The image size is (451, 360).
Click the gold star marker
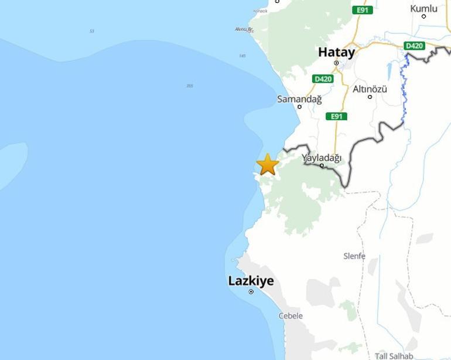click(267, 165)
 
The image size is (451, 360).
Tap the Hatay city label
click(336, 52)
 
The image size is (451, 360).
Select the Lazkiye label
click(251, 281)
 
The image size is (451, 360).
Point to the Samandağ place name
click(299, 99)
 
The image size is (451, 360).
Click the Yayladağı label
click(322, 158)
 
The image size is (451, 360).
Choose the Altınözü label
click(370, 89)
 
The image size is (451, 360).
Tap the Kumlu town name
click(423, 8)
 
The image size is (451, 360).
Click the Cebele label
click(291, 315)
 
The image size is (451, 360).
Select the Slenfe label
click(354, 256)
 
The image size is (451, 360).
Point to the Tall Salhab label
click(394, 356)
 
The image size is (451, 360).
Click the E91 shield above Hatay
click(363, 10)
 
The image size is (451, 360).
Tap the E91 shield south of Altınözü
click(336, 116)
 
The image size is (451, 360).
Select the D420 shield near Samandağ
click(323, 79)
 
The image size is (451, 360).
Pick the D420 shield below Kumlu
click(414, 46)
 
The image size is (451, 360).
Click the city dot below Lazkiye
click(251, 291)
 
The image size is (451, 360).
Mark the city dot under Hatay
click(336, 63)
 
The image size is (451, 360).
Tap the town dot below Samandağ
click(299, 107)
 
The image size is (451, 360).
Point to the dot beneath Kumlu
click(423, 16)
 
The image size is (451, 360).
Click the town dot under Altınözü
click(370, 97)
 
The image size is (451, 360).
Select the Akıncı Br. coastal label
click(244, 29)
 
